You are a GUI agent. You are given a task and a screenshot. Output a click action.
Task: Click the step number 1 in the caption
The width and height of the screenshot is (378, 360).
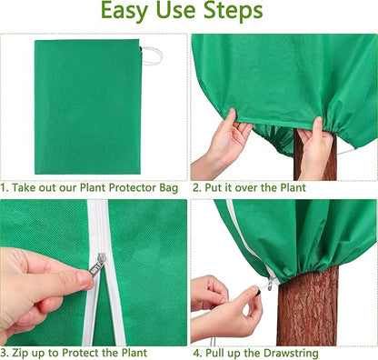pyautogui.click(x=4, y=187)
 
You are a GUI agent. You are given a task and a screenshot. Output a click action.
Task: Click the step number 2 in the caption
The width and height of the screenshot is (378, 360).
pyautogui.click(x=195, y=187)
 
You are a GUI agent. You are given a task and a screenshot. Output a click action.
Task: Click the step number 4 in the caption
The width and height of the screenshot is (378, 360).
pyautogui.click(x=195, y=352)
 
